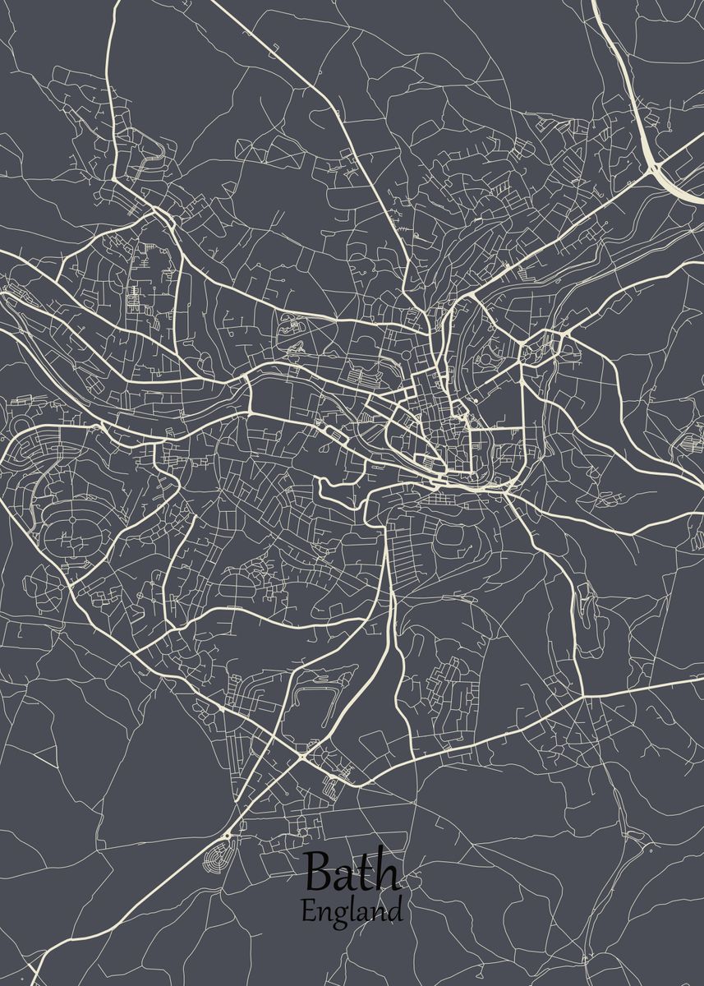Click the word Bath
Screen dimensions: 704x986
tap(352, 873)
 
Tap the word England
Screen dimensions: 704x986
tap(352, 911)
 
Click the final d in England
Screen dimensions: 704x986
tap(395, 910)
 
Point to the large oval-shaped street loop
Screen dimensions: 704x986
tap(71, 539)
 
